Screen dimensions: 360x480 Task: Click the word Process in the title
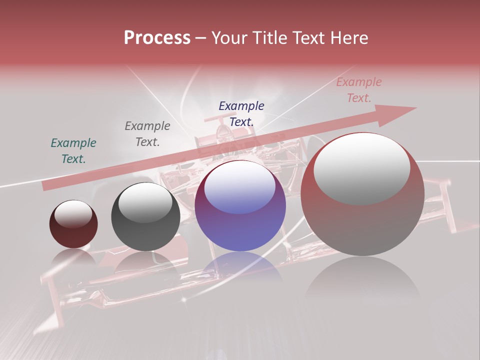pyautogui.click(x=157, y=38)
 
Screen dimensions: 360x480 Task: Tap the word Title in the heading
pyautogui.click(x=269, y=38)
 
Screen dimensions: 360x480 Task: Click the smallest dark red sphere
pyautogui.click(x=73, y=224)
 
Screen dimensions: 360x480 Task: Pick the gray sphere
pyautogui.click(x=145, y=216)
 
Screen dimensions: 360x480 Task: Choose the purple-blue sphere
pyautogui.click(x=240, y=206)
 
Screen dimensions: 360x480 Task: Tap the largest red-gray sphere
pyautogui.click(x=362, y=194)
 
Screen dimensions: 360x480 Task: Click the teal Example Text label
pyautogui.click(x=73, y=151)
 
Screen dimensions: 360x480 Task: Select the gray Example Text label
pyautogui.click(x=147, y=134)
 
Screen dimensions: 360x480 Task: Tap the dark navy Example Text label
pyautogui.click(x=241, y=113)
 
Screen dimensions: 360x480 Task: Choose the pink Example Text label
pyautogui.click(x=359, y=90)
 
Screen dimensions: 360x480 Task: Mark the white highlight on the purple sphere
pyautogui.click(x=240, y=186)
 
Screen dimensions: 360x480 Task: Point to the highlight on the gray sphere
pyautogui.click(x=145, y=202)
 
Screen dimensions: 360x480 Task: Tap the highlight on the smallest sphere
pyautogui.click(x=73, y=214)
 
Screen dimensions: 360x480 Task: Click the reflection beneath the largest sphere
pyautogui.click(x=362, y=280)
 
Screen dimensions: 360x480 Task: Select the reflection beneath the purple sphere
pyautogui.click(x=240, y=267)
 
